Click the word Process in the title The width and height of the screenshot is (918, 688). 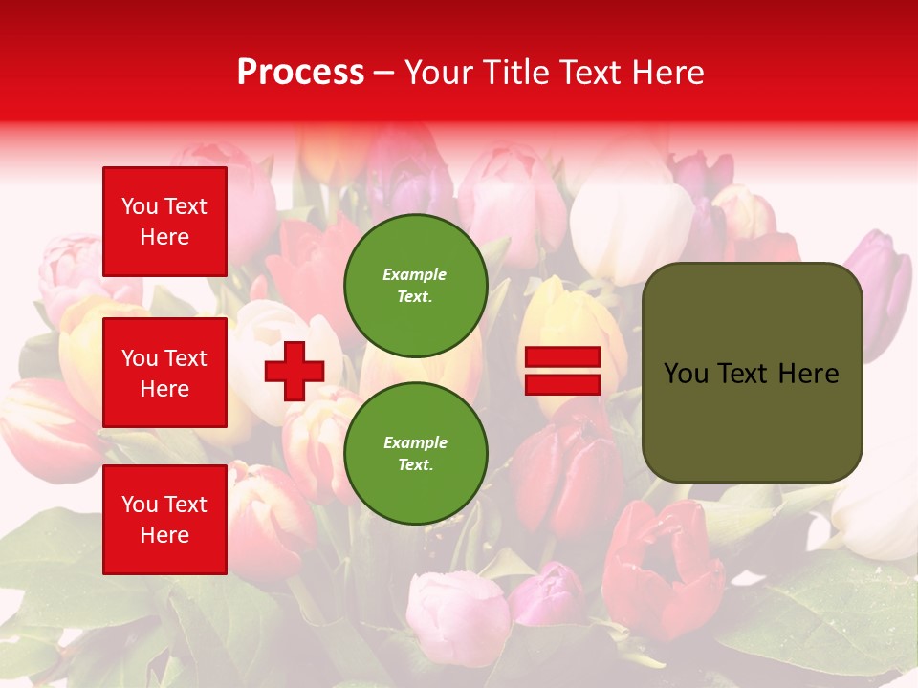(x=300, y=73)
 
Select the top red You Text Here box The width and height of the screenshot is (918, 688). (x=164, y=222)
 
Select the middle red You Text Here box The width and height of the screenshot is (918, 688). (x=164, y=373)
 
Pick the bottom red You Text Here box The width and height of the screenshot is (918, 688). (x=164, y=519)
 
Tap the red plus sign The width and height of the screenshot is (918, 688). (x=295, y=371)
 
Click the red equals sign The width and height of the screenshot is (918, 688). (x=562, y=371)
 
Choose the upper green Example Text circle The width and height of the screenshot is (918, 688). (x=415, y=285)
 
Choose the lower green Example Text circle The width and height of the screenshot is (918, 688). (x=415, y=453)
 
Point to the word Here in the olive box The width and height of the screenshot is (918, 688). (x=808, y=374)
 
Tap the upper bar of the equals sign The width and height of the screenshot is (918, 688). (x=562, y=357)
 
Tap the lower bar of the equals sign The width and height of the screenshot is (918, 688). (x=562, y=384)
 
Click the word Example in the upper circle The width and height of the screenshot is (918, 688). (x=415, y=274)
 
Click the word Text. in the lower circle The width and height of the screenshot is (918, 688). (x=415, y=464)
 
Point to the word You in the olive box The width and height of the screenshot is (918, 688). (x=686, y=374)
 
